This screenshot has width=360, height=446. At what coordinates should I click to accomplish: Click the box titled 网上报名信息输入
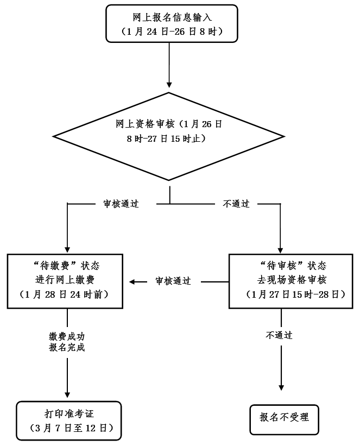point(172,23)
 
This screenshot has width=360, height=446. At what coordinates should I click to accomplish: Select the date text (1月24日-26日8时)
point(172,32)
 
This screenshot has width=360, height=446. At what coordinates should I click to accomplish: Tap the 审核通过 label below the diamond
point(121,204)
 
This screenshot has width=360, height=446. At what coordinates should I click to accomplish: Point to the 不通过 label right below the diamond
point(236,204)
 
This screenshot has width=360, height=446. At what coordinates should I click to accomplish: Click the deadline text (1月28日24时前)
point(67,295)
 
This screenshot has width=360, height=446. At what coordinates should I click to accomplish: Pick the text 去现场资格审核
point(293,280)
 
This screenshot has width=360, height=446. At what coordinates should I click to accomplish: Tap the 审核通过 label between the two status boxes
point(173,281)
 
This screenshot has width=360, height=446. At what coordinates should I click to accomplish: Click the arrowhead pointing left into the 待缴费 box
point(132,281)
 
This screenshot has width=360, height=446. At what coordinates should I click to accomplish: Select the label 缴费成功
point(67,336)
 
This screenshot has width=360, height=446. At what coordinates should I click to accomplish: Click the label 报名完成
point(67,347)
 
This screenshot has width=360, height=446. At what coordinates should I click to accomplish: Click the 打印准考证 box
point(69,420)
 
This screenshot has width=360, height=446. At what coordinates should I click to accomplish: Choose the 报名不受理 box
point(284,419)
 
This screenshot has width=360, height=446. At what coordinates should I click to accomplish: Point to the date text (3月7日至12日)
point(69,429)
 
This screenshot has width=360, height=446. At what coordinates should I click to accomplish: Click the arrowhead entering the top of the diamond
point(170,85)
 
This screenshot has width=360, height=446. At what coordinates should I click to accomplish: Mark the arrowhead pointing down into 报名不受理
point(281,387)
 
